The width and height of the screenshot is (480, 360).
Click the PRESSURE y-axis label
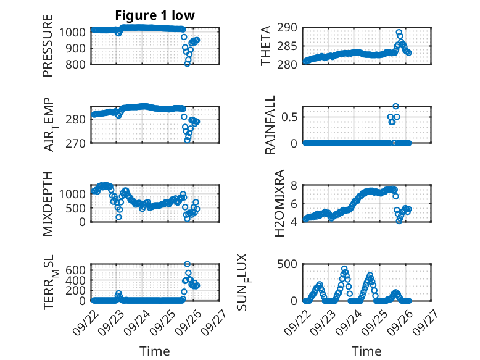click(48, 46)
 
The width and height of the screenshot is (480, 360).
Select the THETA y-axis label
click(265, 46)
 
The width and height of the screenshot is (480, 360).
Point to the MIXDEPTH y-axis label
click(48, 204)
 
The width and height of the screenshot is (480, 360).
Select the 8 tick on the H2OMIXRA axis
click(295, 185)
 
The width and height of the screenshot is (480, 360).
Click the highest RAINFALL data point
click(395, 106)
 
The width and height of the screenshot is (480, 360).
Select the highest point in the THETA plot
click(399, 32)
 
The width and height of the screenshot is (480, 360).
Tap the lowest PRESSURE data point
click(188, 64)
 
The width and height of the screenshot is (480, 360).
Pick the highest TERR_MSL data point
click(188, 264)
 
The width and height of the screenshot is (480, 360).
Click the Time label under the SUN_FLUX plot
click(366, 351)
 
